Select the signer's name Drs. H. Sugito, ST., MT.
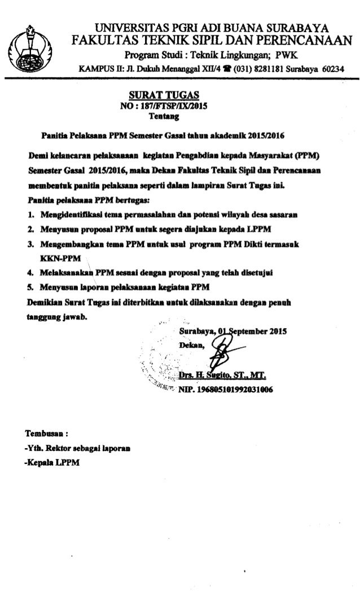222,375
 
